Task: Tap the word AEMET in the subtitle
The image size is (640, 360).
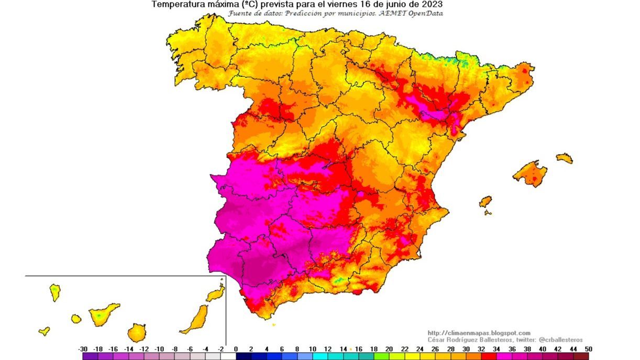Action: [385, 13]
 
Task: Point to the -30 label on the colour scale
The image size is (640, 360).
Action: [83, 349]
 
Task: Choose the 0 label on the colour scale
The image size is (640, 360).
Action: [236, 349]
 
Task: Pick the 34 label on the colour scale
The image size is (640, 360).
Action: [496, 349]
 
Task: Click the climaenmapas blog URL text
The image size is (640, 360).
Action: [479, 333]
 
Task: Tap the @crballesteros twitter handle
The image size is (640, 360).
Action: [560, 340]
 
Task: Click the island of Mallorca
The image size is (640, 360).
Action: [530, 173]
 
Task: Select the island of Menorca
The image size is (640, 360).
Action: [564, 158]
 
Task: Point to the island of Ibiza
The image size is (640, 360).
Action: [485, 202]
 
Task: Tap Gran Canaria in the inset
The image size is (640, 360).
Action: [137, 332]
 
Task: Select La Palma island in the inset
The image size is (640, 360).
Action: [54, 292]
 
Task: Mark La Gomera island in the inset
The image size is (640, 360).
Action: [76, 319]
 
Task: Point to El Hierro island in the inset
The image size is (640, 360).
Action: [45, 331]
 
